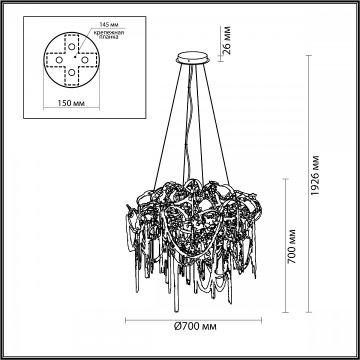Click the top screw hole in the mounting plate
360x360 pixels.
pos(72,46)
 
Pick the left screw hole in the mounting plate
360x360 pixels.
pos(58,60)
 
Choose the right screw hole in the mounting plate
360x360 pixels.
pos(85,60)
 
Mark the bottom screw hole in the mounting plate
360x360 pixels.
pos(72,73)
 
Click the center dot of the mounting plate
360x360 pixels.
pos(72,59)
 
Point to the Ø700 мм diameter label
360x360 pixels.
pos(195,327)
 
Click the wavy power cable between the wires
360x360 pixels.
pos(189,125)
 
